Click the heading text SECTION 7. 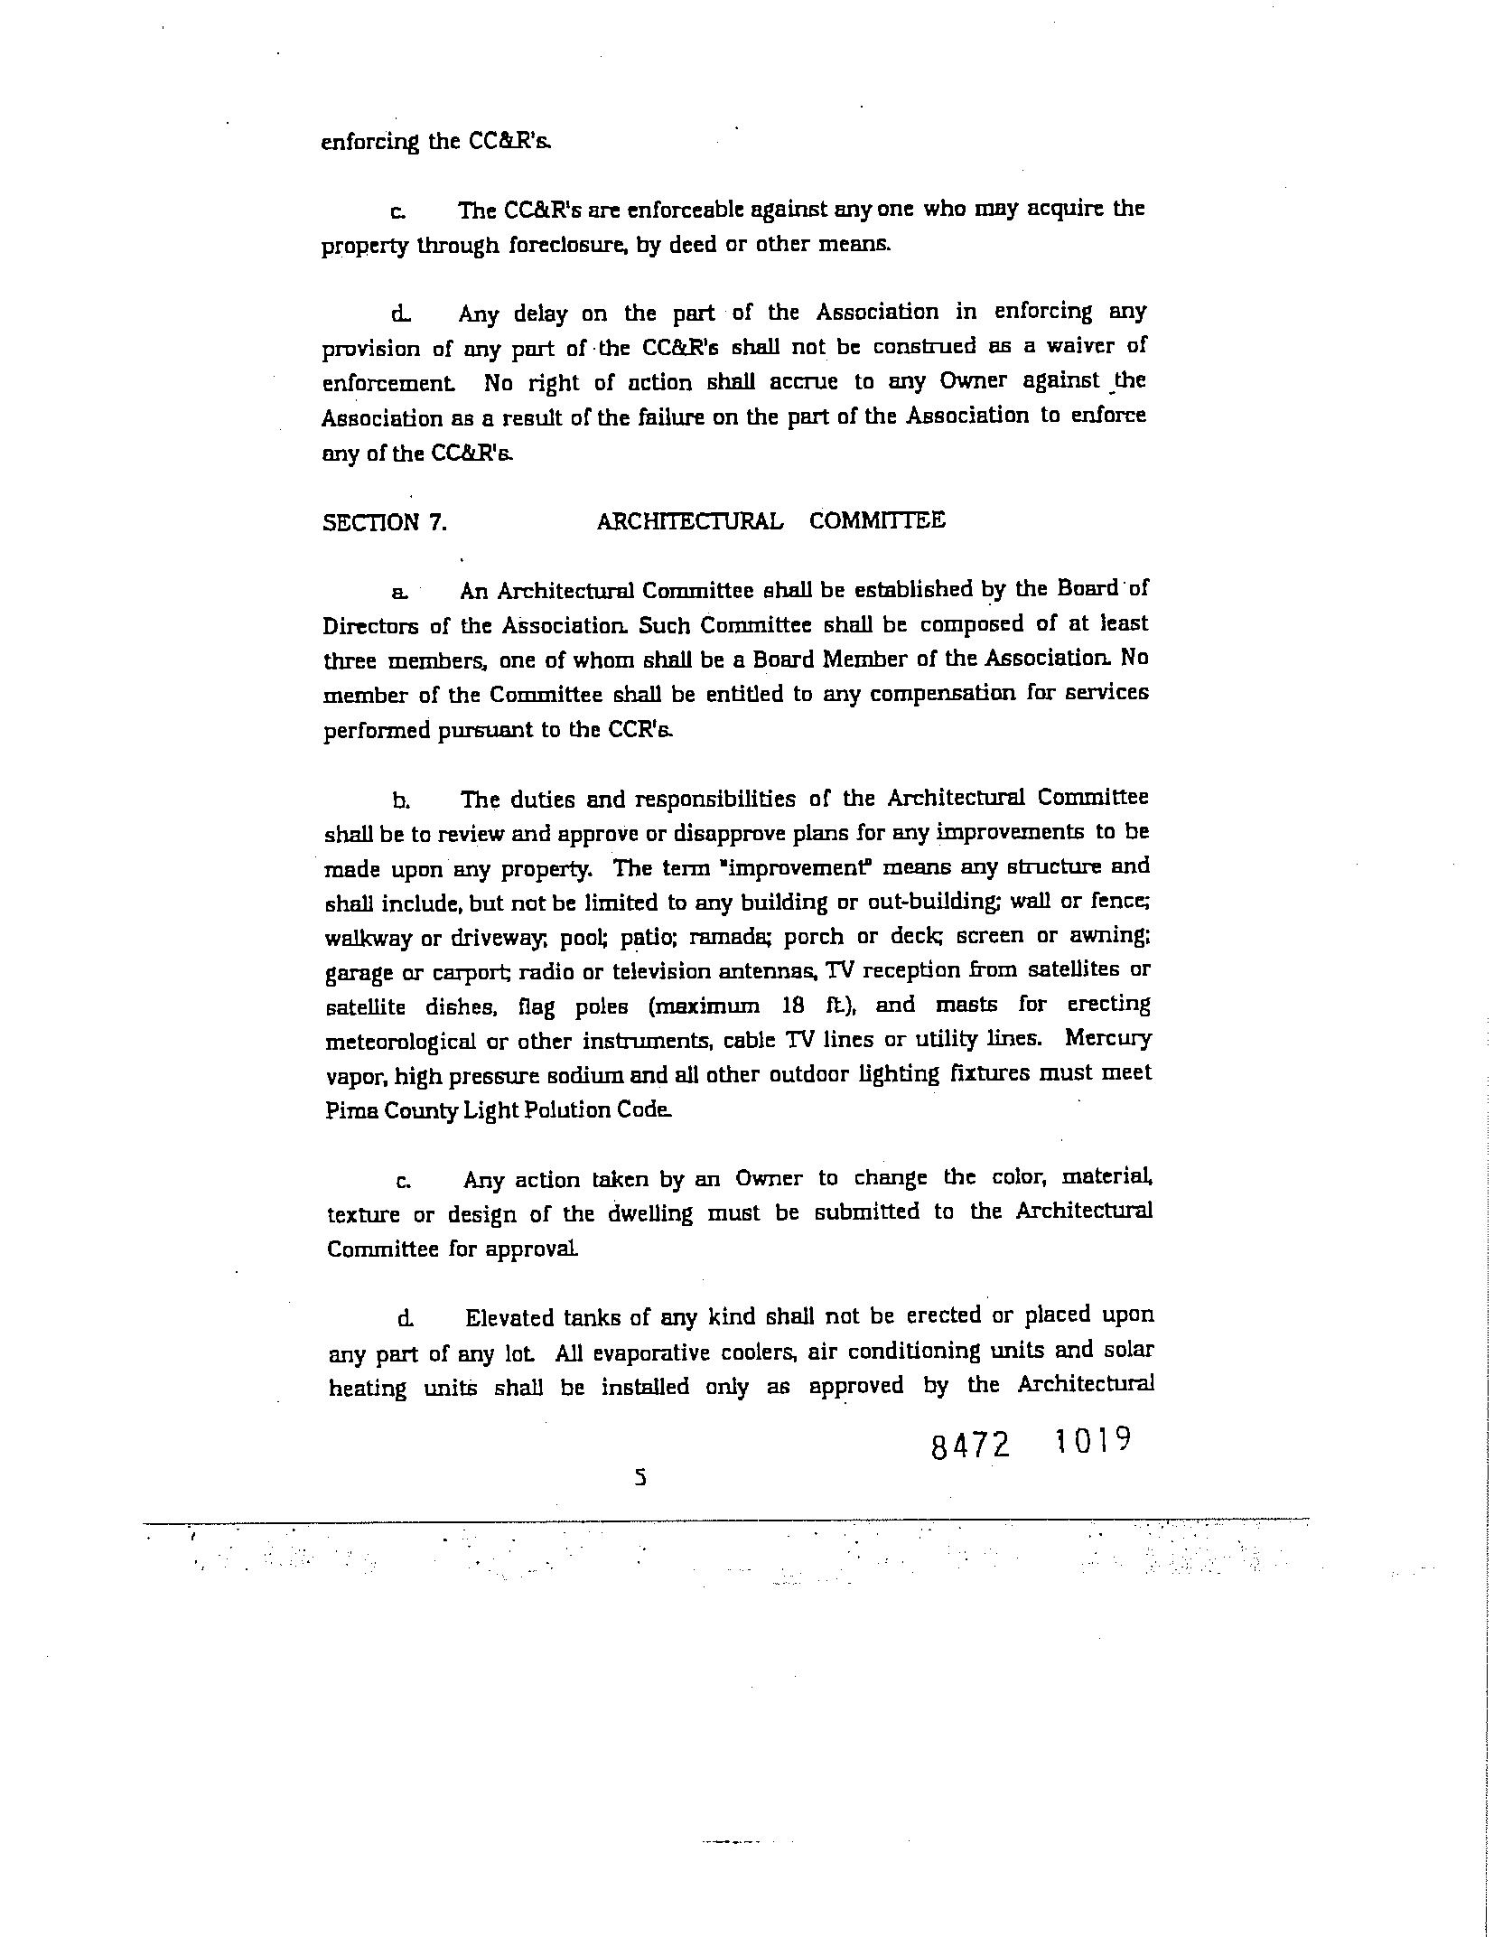point(385,523)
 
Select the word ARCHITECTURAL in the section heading point(689,521)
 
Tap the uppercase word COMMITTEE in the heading point(877,520)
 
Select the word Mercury point(1108,1037)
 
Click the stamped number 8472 point(969,1446)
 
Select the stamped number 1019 point(1092,1438)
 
